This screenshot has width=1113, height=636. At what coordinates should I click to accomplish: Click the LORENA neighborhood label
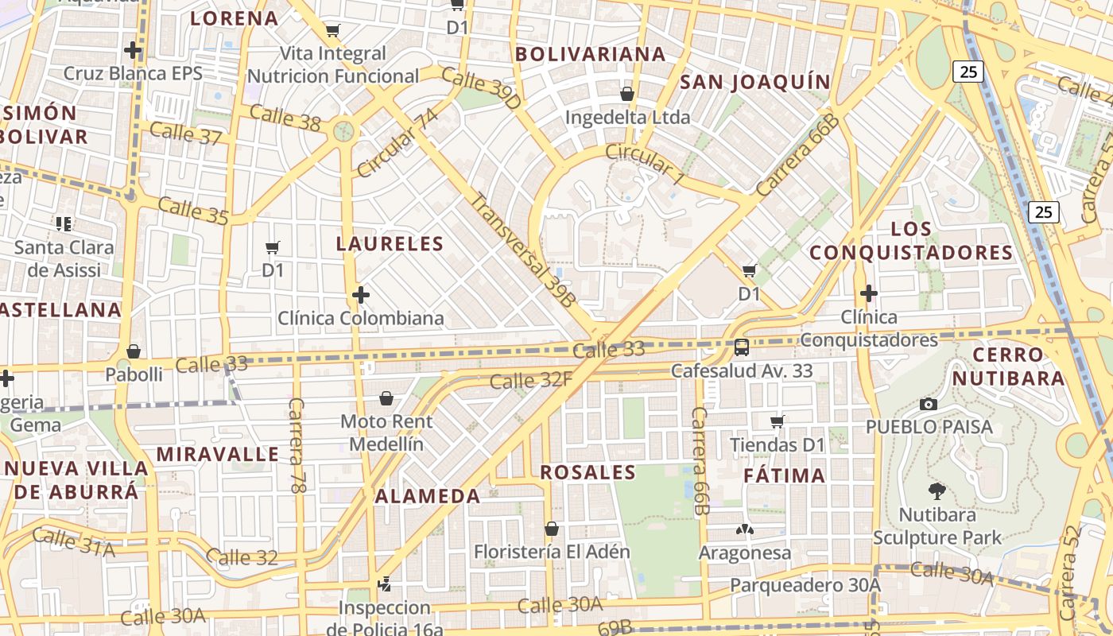235,18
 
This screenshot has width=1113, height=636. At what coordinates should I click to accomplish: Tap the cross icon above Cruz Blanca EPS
133,50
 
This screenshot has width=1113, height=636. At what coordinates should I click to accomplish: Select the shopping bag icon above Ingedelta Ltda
627,94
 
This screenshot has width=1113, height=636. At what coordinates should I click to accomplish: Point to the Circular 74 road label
397,143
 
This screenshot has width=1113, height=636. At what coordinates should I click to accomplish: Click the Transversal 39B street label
522,249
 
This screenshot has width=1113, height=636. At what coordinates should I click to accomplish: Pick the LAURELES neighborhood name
390,243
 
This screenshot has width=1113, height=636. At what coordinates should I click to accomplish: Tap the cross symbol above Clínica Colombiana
361,295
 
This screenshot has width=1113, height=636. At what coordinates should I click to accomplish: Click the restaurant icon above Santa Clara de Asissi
64,223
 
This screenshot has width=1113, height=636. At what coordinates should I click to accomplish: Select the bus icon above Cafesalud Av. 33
742,347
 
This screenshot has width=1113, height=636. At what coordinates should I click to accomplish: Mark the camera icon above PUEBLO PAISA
928,404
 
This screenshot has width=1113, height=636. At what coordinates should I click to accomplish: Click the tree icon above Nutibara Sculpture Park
937,491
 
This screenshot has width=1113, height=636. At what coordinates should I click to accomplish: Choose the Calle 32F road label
530,381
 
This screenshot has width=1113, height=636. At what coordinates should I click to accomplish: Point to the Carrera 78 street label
297,445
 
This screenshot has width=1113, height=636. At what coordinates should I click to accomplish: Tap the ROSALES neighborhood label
588,472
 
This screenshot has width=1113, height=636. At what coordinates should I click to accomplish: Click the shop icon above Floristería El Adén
552,529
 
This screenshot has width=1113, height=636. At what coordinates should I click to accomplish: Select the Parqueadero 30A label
805,585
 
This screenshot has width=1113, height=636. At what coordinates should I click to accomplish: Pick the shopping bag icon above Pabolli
134,351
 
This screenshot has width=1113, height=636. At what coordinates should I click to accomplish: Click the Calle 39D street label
480,87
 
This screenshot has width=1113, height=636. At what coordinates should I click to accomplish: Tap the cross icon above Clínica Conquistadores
869,293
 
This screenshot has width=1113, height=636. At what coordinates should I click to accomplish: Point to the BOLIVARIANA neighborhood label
591,54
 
